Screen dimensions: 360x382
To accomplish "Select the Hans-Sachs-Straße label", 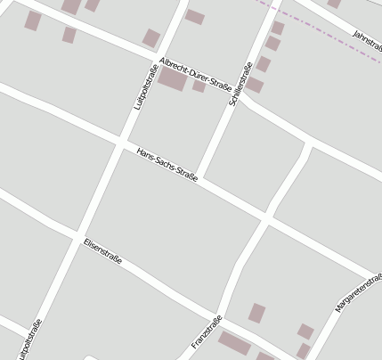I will coord(167,163).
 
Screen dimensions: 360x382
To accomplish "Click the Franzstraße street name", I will coord(206,332).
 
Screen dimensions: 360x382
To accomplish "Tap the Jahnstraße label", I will coord(367,38).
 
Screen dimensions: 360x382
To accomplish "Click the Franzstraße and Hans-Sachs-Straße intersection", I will coord(265,217).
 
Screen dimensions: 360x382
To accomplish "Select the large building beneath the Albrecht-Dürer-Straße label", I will coord(173,79).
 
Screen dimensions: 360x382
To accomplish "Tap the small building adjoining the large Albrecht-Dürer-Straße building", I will coord(199,86).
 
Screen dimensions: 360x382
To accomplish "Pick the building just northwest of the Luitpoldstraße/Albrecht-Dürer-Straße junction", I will coord(151,38).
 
